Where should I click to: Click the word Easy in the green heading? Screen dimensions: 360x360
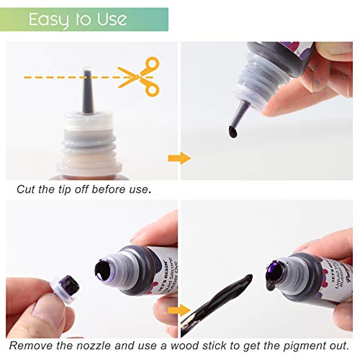click(48, 19)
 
